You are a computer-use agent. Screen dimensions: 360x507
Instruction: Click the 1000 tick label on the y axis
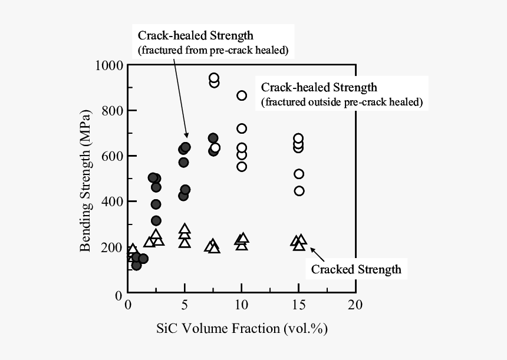point(107,65)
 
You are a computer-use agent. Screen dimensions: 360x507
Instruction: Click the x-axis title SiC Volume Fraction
point(242,328)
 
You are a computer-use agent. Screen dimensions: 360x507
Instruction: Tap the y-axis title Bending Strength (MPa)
point(86,180)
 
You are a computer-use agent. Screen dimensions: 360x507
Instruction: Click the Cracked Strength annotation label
point(356,269)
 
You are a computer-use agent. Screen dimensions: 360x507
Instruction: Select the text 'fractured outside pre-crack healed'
point(342,102)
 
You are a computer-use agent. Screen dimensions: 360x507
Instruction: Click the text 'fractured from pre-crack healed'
point(213,50)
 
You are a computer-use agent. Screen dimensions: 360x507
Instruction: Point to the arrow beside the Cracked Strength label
point(317,254)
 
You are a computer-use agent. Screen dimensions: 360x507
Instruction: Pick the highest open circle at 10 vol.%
point(242,95)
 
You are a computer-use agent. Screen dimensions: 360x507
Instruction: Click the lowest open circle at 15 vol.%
point(299,191)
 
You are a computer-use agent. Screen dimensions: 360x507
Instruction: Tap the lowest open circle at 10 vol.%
point(242,167)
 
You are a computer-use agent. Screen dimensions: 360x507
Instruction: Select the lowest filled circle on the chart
point(137,266)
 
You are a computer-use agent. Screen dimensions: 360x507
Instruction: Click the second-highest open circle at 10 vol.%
point(242,128)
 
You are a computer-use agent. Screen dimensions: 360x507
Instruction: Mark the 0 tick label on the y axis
point(118,293)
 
